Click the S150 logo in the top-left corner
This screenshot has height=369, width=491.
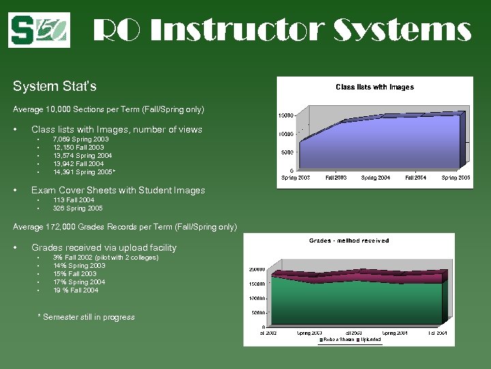coord(39,29)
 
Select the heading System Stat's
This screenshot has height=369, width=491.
coord(55,87)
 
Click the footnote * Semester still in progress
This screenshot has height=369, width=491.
coord(86,317)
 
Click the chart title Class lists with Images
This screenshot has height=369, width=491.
coord(374,87)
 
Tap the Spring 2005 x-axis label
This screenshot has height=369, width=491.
coord(456,178)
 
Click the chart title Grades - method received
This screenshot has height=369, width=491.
coord(349,241)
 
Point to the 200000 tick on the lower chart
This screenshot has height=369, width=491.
coord(256,269)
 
